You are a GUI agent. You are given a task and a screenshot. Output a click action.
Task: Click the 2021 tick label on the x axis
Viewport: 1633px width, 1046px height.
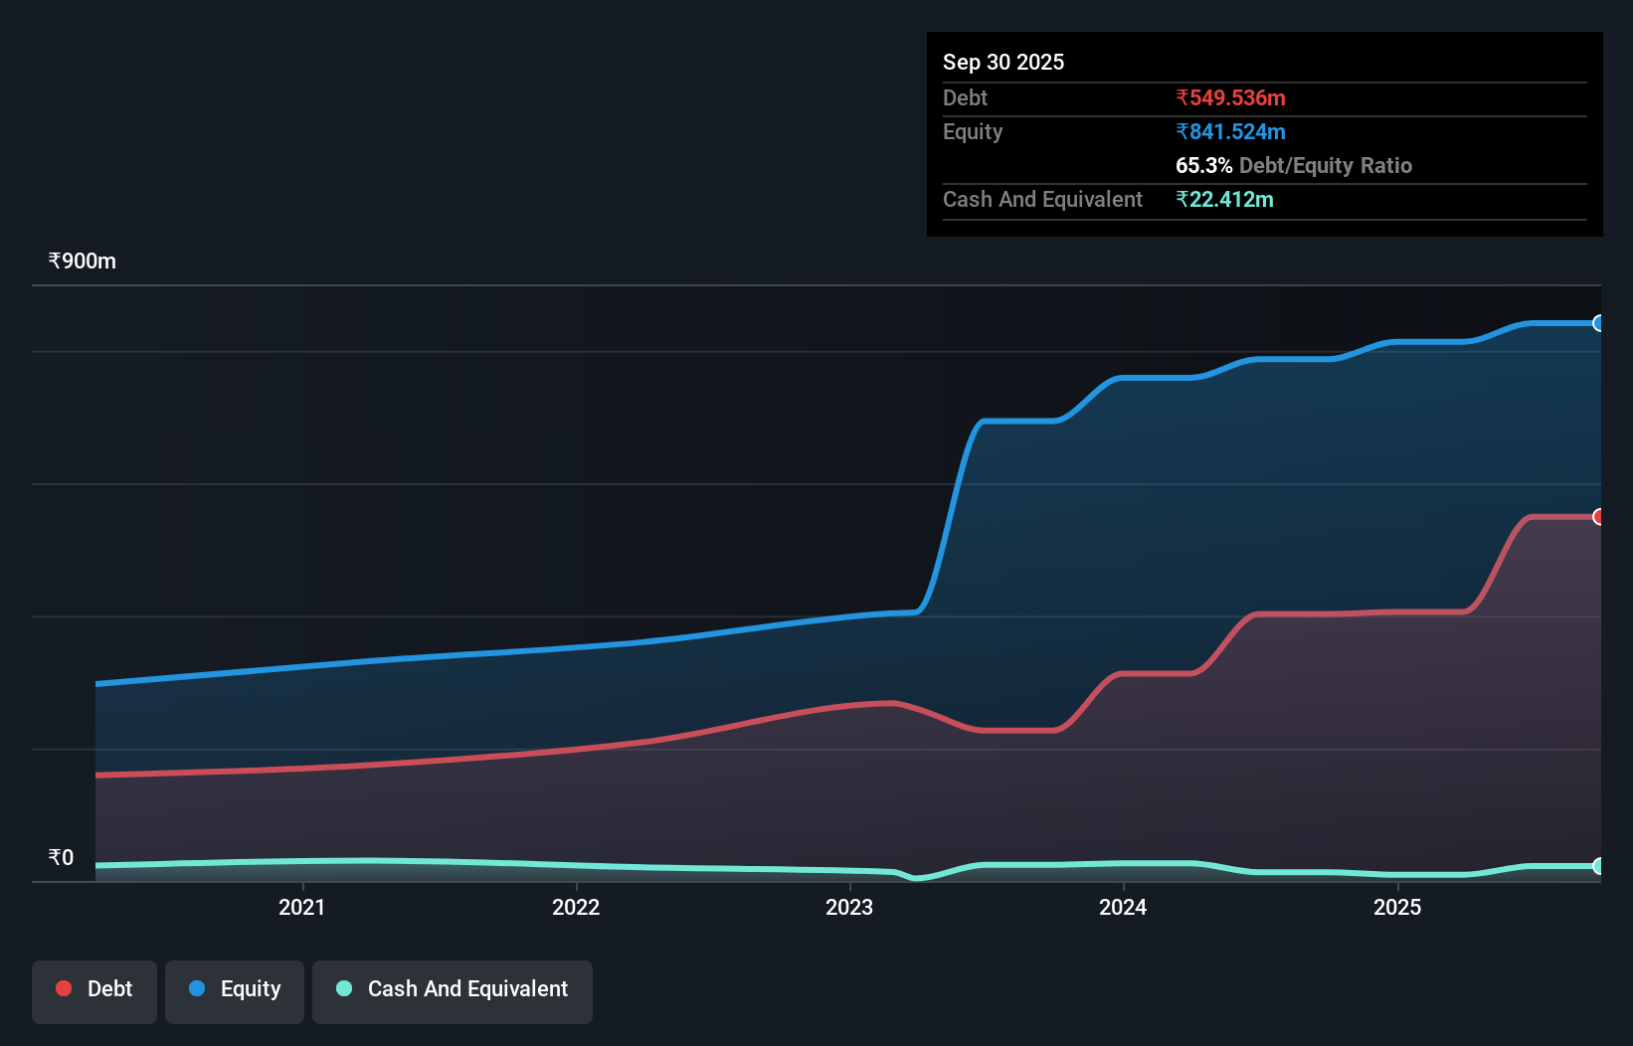[x=301, y=907]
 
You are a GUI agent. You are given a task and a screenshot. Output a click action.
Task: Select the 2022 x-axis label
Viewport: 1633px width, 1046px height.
[x=576, y=907]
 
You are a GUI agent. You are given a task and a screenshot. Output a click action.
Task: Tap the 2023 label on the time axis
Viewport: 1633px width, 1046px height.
[x=849, y=907]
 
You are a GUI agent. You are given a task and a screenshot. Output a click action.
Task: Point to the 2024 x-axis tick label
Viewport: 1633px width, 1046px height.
[x=1123, y=907]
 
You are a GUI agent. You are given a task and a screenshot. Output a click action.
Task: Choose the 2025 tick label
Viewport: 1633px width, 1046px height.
[x=1397, y=907]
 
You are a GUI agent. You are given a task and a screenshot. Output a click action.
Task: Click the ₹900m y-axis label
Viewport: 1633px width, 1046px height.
[x=83, y=261]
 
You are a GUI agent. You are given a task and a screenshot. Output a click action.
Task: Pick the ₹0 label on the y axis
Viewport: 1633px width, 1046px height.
[x=62, y=858]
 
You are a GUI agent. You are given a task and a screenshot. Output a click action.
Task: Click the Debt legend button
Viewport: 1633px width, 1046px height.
[x=94, y=989]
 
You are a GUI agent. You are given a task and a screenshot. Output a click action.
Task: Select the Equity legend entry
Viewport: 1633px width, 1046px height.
[x=235, y=989]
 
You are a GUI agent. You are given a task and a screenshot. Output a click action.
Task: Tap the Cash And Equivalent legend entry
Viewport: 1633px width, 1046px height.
[x=453, y=989]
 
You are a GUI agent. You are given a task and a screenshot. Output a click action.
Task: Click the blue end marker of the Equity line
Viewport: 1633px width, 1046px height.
[x=1598, y=323]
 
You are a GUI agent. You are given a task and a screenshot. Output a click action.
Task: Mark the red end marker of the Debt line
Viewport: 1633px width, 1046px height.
[x=1598, y=517]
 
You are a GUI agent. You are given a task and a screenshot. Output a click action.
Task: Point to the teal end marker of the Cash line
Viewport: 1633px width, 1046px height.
[x=1598, y=866]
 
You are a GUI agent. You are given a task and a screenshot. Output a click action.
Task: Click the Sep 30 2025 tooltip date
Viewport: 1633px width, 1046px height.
[x=1002, y=63]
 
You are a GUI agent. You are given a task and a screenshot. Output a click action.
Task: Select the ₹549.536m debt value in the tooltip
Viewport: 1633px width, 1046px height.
[x=1230, y=98]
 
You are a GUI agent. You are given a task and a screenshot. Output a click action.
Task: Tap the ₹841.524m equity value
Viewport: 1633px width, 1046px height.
[x=1230, y=132]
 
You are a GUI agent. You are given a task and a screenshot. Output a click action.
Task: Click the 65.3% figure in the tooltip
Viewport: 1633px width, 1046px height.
[x=1203, y=166]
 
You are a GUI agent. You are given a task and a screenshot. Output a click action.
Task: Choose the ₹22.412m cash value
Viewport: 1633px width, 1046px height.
[x=1224, y=200]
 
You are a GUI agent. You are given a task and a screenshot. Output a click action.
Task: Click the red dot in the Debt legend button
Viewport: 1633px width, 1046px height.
[x=64, y=988]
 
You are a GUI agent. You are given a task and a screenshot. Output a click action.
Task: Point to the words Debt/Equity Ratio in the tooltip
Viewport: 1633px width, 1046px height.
[x=1326, y=166]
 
